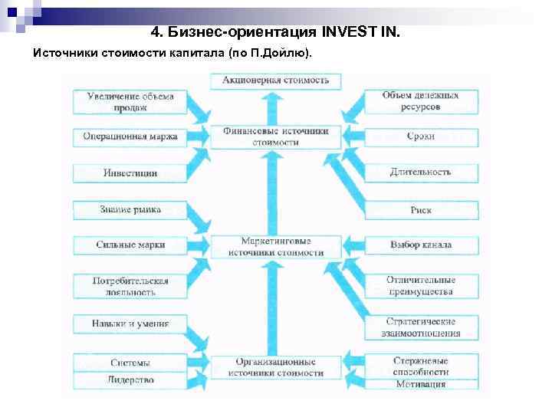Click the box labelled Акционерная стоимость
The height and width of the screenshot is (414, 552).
coord(276,80)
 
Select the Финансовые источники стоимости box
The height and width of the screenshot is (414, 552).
coord(276,136)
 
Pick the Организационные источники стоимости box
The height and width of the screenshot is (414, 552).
coord(276,366)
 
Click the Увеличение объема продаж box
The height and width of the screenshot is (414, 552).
coord(130,101)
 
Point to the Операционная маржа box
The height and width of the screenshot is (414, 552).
coord(130,137)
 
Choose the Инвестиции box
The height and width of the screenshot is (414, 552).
coord(130,172)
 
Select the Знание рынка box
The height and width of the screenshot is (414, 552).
coord(130,209)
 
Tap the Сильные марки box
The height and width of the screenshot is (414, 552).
coord(130,245)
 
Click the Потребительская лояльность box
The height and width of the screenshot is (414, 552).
coord(130,286)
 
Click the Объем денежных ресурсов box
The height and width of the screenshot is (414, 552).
coord(421,101)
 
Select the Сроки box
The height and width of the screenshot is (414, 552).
coord(421,136)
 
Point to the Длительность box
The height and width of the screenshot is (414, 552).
coord(421,172)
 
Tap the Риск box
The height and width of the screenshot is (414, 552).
coord(421,209)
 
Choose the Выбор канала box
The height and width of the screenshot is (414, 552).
coord(421,245)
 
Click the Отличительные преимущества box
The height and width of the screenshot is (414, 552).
coord(421,286)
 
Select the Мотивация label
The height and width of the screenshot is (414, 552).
coord(421,384)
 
